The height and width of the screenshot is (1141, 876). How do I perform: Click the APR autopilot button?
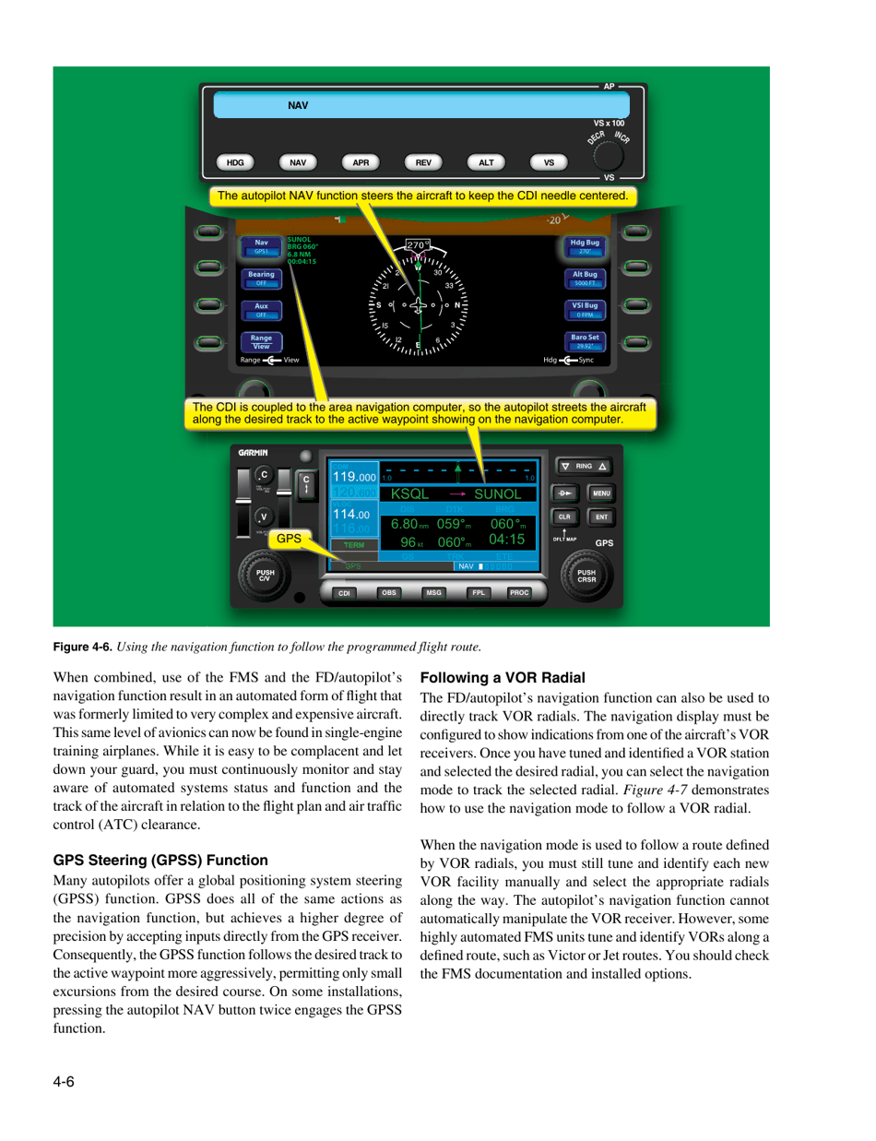(361, 162)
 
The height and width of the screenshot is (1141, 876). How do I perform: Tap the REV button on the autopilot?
(423, 162)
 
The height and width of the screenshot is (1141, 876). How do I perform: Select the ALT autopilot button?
(486, 162)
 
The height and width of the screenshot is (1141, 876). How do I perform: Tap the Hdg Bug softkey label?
(585, 245)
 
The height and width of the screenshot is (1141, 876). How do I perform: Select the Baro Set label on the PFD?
(585, 341)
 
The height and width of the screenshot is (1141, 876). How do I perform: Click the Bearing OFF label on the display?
(261, 279)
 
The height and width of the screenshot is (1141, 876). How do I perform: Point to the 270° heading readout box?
(419, 245)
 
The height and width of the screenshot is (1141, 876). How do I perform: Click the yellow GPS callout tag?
(290, 537)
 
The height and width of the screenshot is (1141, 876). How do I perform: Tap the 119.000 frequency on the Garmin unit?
(354, 477)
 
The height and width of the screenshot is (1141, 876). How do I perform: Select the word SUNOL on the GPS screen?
(498, 494)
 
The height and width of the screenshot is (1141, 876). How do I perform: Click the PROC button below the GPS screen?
(520, 592)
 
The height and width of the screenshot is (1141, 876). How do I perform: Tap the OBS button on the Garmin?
(388, 592)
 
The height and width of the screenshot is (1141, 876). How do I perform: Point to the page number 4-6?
(64, 1082)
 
